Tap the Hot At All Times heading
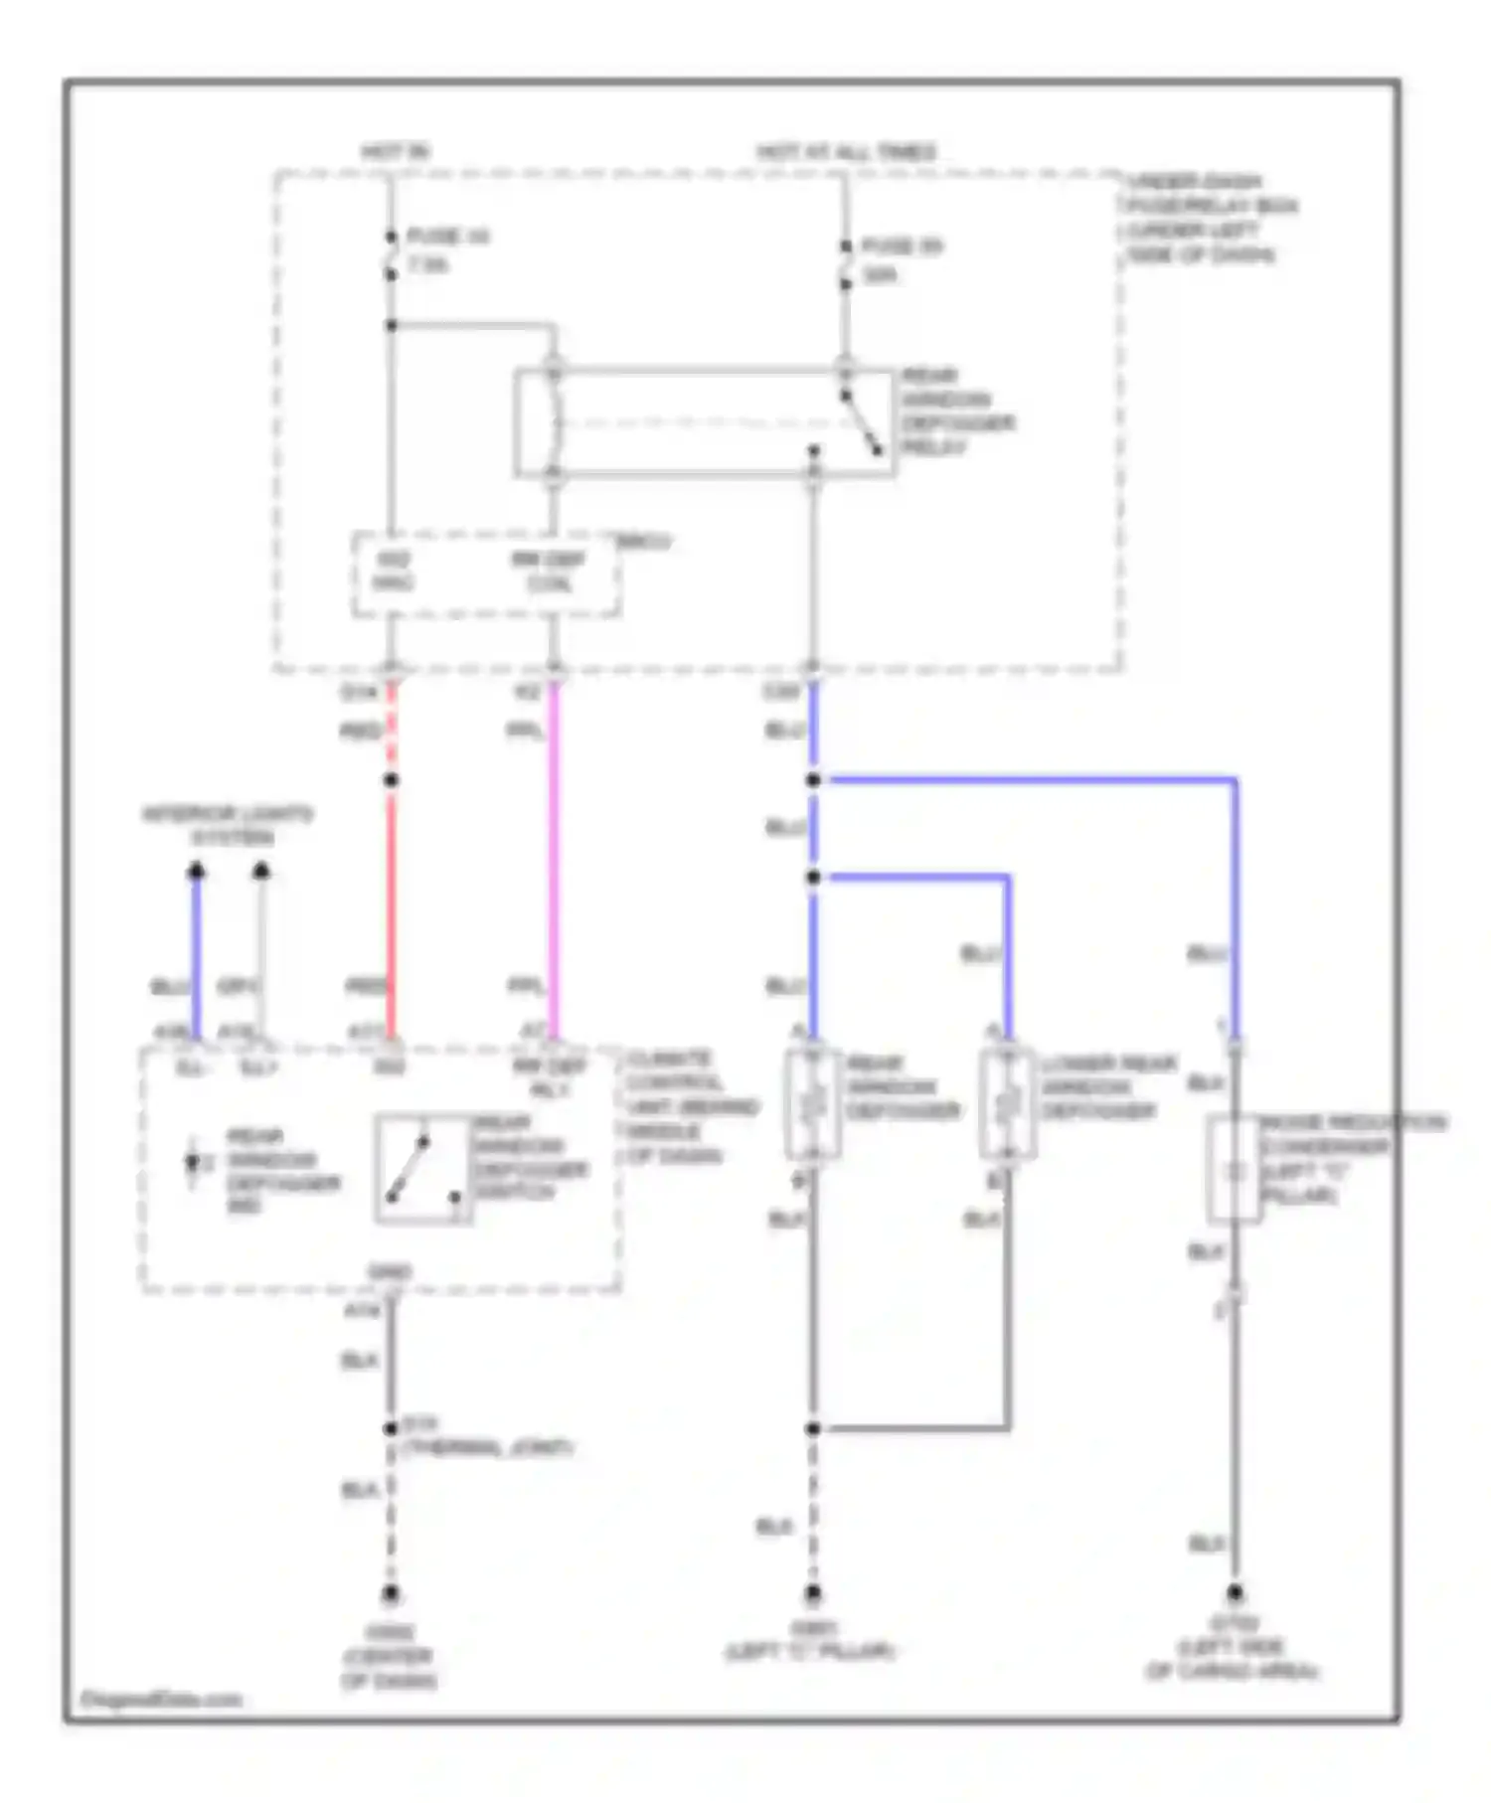point(846,152)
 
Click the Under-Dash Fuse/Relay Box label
point(1211,218)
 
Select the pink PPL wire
point(554,855)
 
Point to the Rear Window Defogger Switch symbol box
point(423,1167)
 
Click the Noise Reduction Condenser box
point(1234,1169)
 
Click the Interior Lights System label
point(228,825)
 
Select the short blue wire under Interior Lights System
point(197,954)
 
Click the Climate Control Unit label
point(690,1106)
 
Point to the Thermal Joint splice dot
point(391,1429)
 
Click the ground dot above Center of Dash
point(391,1594)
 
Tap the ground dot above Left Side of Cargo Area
point(1234,1592)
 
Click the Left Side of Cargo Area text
point(1233,1669)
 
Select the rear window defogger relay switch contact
point(861,422)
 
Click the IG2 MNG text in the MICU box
point(393,572)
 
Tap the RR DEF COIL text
point(549,572)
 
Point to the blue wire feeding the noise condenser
point(1234,895)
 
